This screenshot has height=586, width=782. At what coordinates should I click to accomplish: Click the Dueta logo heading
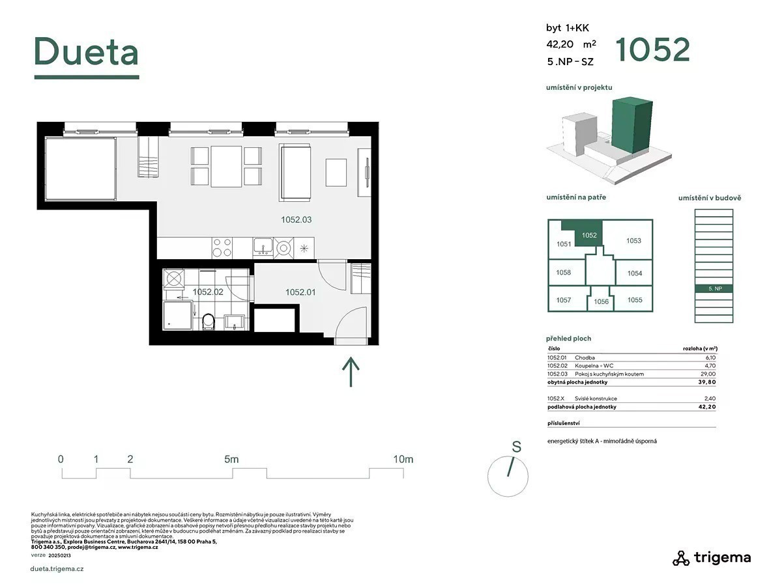86,51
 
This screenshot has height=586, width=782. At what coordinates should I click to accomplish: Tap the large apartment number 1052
652,50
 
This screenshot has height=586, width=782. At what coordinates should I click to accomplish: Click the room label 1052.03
296,219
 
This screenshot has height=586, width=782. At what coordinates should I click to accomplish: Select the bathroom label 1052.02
208,292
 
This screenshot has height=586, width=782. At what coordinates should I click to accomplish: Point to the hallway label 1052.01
300,292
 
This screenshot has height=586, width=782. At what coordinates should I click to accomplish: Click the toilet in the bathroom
209,322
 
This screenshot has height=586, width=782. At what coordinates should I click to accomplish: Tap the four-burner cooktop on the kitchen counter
222,247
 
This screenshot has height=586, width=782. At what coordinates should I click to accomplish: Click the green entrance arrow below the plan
351,371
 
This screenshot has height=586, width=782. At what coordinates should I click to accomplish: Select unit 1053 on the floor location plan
633,240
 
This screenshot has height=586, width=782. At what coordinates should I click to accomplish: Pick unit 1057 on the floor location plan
564,300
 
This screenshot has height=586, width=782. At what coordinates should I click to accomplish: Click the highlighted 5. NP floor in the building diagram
714,288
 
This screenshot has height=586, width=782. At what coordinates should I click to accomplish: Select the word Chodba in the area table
585,357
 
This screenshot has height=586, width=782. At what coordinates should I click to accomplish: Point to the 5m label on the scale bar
231,459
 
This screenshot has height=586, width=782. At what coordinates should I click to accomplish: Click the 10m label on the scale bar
403,459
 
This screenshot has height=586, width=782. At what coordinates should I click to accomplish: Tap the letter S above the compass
517,447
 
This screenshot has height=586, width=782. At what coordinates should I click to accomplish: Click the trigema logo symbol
681,558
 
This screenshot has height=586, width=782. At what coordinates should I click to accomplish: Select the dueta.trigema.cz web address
57,568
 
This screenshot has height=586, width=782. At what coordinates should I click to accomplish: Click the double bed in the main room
81,169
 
